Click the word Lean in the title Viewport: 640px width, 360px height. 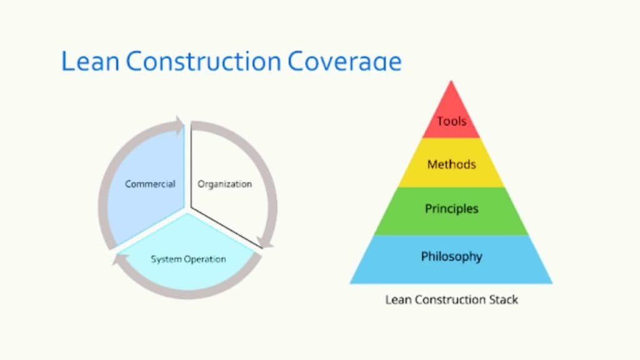pyautogui.click(x=91, y=61)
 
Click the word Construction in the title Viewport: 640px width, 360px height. pyautogui.click(x=203, y=61)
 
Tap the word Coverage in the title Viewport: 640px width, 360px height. pyautogui.click(x=344, y=61)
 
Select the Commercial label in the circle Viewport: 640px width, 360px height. pyautogui.click(x=150, y=184)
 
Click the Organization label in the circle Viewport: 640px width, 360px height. pyautogui.click(x=225, y=184)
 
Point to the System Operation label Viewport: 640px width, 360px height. pyautogui.click(x=188, y=259)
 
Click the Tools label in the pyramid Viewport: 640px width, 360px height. pyautogui.click(x=451, y=121)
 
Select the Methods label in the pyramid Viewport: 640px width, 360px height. pyautogui.click(x=451, y=165)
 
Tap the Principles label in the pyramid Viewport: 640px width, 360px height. pyautogui.click(x=451, y=208)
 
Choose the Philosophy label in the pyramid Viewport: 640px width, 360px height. pyautogui.click(x=451, y=256)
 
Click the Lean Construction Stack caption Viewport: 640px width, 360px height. pyautogui.click(x=451, y=299)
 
